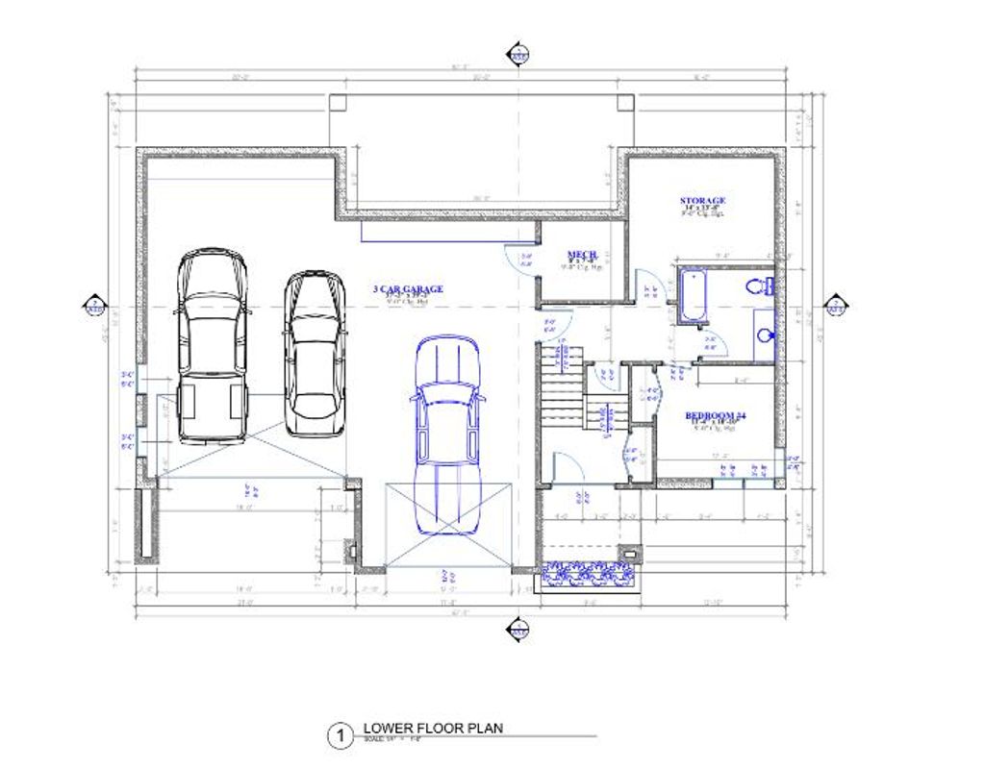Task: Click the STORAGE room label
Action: pyautogui.click(x=702, y=201)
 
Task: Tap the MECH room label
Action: pyautogui.click(x=581, y=255)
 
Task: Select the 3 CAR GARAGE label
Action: pyautogui.click(x=408, y=288)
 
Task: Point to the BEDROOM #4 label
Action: pyautogui.click(x=716, y=416)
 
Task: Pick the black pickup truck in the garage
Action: pyautogui.click(x=213, y=346)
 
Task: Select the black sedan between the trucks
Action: pyautogui.click(x=314, y=352)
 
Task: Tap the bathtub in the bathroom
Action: pyautogui.click(x=692, y=297)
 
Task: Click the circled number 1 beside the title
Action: pyautogui.click(x=339, y=737)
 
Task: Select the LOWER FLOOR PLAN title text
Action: pyautogui.click(x=433, y=729)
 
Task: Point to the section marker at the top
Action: pyautogui.click(x=518, y=55)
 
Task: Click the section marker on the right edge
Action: pyautogui.click(x=836, y=307)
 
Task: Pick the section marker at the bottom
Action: pyautogui.click(x=518, y=629)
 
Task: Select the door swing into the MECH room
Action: pyautogui.click(x=520, y=260)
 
